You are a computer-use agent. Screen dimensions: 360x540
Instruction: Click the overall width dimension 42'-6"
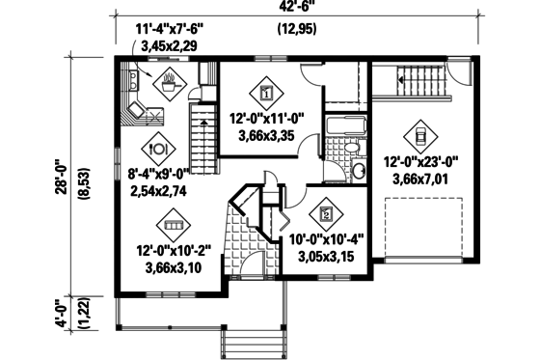click(297, 10)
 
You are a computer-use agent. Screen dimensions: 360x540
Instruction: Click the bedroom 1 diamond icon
click(265, 93)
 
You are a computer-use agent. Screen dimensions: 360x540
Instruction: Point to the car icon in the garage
click(420, 134)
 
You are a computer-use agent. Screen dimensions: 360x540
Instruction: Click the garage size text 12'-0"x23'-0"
click(420, 162)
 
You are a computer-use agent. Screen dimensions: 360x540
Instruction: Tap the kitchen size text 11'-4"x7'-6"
click(170, 29)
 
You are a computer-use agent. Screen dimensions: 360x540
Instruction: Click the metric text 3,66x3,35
click(266, 136)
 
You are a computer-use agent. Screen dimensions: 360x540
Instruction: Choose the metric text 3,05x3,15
click(322, 257)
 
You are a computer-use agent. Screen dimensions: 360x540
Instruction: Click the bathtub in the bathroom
click(343, 126)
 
